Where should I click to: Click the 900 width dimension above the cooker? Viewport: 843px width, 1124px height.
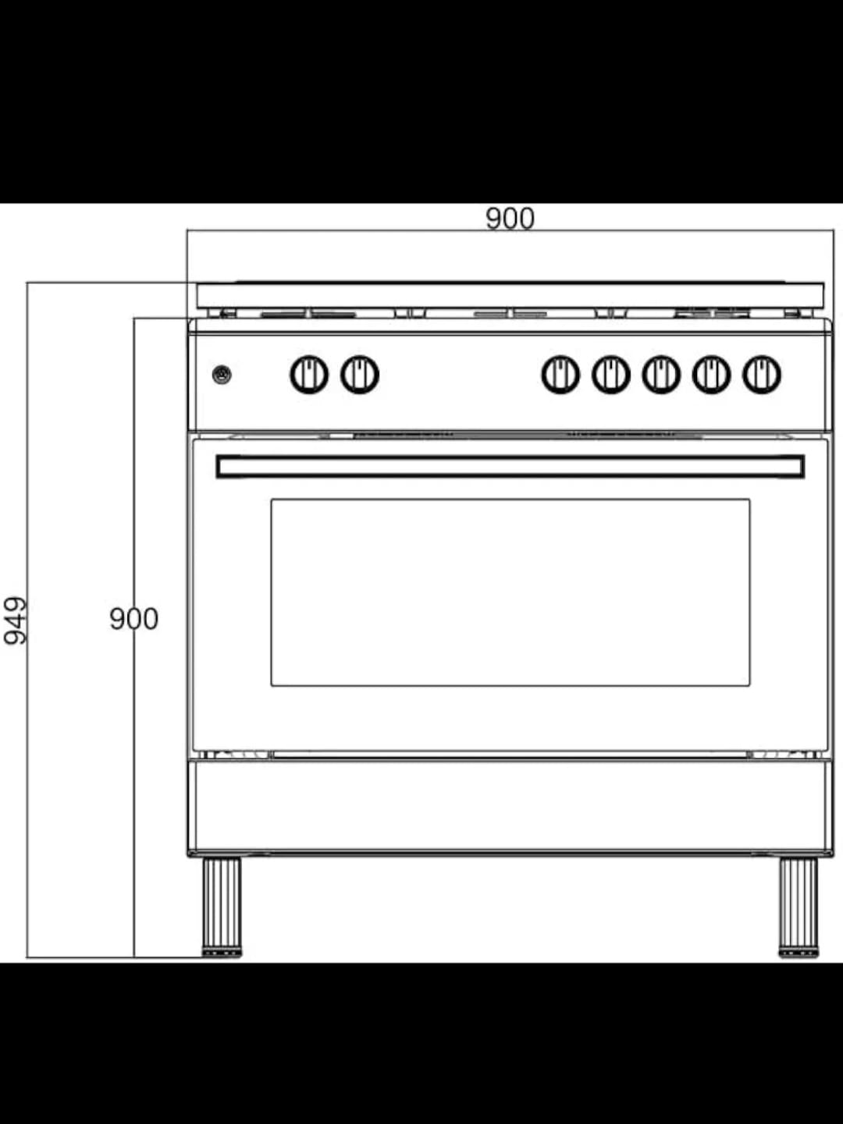(x=510, y=218)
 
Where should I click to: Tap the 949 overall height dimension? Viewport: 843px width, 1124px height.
(x=15, y=621)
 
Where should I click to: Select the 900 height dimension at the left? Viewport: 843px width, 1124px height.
(x=133, y=619)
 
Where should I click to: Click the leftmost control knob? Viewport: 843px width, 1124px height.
(x=309, y=375)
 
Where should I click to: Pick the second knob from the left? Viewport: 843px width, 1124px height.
(x=360, y=375)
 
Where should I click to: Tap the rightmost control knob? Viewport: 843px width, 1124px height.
(x=761, y=375)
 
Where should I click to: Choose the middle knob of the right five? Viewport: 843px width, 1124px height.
(x=661, y=375)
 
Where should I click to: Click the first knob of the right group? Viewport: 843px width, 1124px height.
(x=560, y=375)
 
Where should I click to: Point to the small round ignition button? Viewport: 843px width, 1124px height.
(x=222, y=375)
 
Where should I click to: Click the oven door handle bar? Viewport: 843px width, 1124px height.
(x=510, y=467)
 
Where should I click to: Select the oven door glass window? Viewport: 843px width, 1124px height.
(x=510, y=592)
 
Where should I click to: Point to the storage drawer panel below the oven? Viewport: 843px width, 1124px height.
(x=510, y=806)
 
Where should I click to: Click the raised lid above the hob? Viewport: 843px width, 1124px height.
(x=510, y=295)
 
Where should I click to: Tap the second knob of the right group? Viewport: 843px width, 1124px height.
(x=610, y=375)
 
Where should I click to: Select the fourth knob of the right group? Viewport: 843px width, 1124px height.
(x=711, y=375)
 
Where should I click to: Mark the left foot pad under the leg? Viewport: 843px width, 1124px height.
(x=222, y=952)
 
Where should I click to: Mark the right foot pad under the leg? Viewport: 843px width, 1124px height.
(x=798, y=952)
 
